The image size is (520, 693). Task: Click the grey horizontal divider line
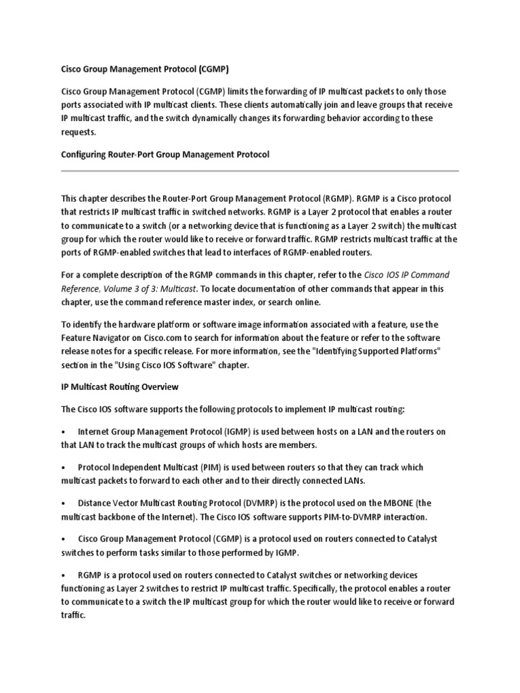point(260,171)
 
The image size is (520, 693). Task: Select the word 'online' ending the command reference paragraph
point(306,302)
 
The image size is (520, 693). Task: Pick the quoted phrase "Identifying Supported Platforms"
point(381,352)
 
